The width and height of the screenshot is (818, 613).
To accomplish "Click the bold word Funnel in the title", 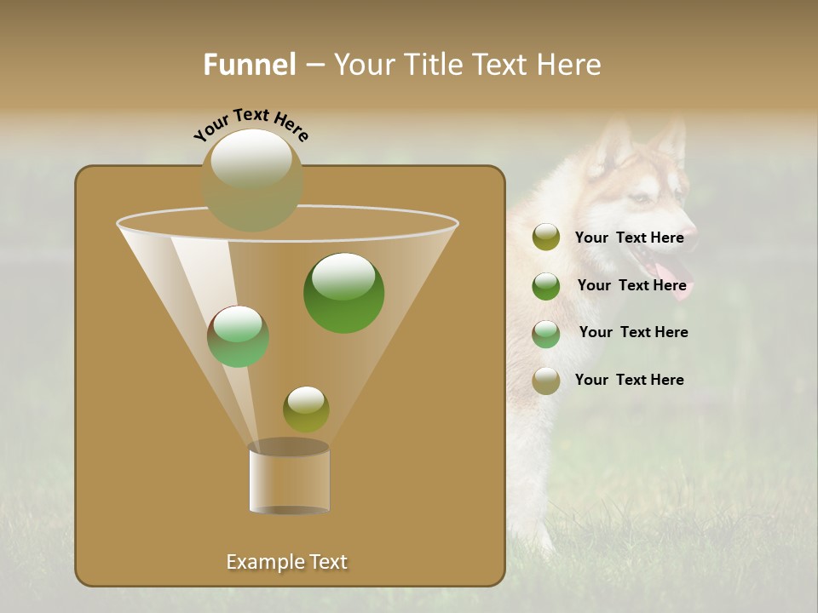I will pyautogui.click(x=250, y=64).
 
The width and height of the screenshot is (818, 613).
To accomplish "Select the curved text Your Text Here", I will pyautogui.click(x=251, y=124).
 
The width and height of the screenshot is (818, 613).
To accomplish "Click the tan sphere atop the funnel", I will pyautogui.click(x=251, y=180).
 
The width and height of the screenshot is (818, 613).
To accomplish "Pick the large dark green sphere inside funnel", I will pyautogui.click(x=343, y=292).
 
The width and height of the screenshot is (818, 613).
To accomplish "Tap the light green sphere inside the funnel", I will pyautogui.click(x=238, y=336).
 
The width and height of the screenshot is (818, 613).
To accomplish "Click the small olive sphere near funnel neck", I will pyautogui.click(x=306, y=409).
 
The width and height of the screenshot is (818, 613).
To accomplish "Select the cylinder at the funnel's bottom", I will pyautogui.click(x=289, y=478).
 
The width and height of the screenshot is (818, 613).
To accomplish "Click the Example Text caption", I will pyautogui.click(x=286, y=562).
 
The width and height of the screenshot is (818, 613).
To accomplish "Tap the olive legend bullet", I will pyautogui.click(x=545, y=238).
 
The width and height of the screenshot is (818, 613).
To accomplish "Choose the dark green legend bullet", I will pyautogui.click(x=545, y=286).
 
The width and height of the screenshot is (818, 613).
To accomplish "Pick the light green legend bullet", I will pyautogui.click(x=545, y=333).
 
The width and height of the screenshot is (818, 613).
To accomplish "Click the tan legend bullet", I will pyautogui.click(x=545, y=381).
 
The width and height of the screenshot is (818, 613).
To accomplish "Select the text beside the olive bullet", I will pyautogui.click(x=629, y=238).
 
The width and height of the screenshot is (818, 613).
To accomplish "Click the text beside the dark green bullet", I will pyautogui.click(x=631, y=285).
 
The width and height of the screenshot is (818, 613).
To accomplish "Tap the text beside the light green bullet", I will pyautogui.click(x=633, y=332).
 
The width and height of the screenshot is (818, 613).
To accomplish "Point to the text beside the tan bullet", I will pyautogui.click(x=629, y=380).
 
